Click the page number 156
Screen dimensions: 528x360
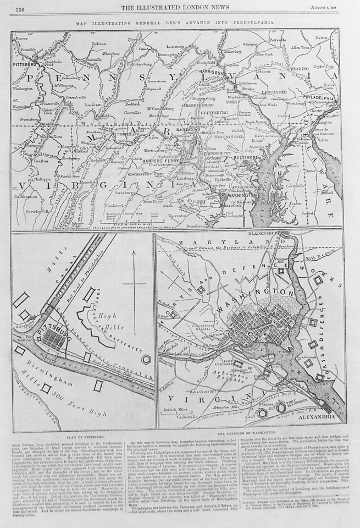point(19,9)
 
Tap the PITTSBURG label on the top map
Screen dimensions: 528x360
point(24,64)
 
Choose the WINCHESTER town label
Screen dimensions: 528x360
point(130,175)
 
